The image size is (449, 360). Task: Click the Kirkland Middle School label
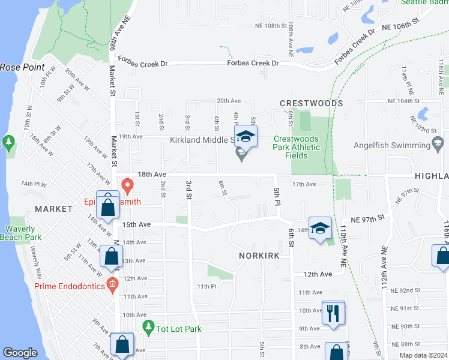pos(202,140)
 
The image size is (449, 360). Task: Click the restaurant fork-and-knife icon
pos(333,313)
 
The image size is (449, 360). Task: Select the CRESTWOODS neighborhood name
pos(311,103)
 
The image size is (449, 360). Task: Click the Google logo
pos(20,353)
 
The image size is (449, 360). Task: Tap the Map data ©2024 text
pos(423,355)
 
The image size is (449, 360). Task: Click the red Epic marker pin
pos(127,186)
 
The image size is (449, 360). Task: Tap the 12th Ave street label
pos(318,274)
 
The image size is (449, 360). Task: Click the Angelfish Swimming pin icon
pos(438,145)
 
